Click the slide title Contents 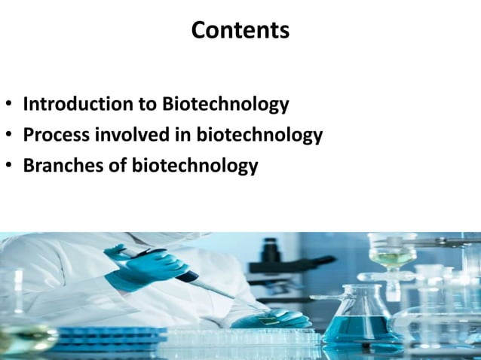click(x=240, y=30)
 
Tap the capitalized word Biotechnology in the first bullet click(x=225, y=104)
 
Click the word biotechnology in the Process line click(x=259, y=136)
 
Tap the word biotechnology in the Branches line click(x=195, y=166)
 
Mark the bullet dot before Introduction click(x=8, y=105)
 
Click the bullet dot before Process click(x=8, y=136)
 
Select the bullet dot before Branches click(x=8, y=166)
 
